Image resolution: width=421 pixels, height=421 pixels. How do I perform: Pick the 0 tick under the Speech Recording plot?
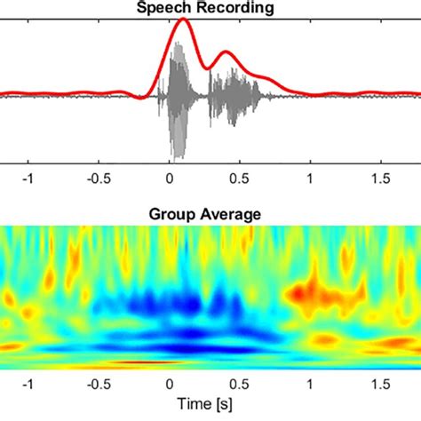click(170, 176)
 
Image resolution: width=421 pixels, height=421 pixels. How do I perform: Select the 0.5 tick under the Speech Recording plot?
click(239, 176)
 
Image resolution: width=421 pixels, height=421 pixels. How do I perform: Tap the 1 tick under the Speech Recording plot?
click(309, 176)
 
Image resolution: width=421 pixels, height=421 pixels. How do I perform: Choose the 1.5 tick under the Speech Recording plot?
click(379, 176)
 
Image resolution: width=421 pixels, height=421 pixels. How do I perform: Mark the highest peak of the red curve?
click(182, 20)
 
